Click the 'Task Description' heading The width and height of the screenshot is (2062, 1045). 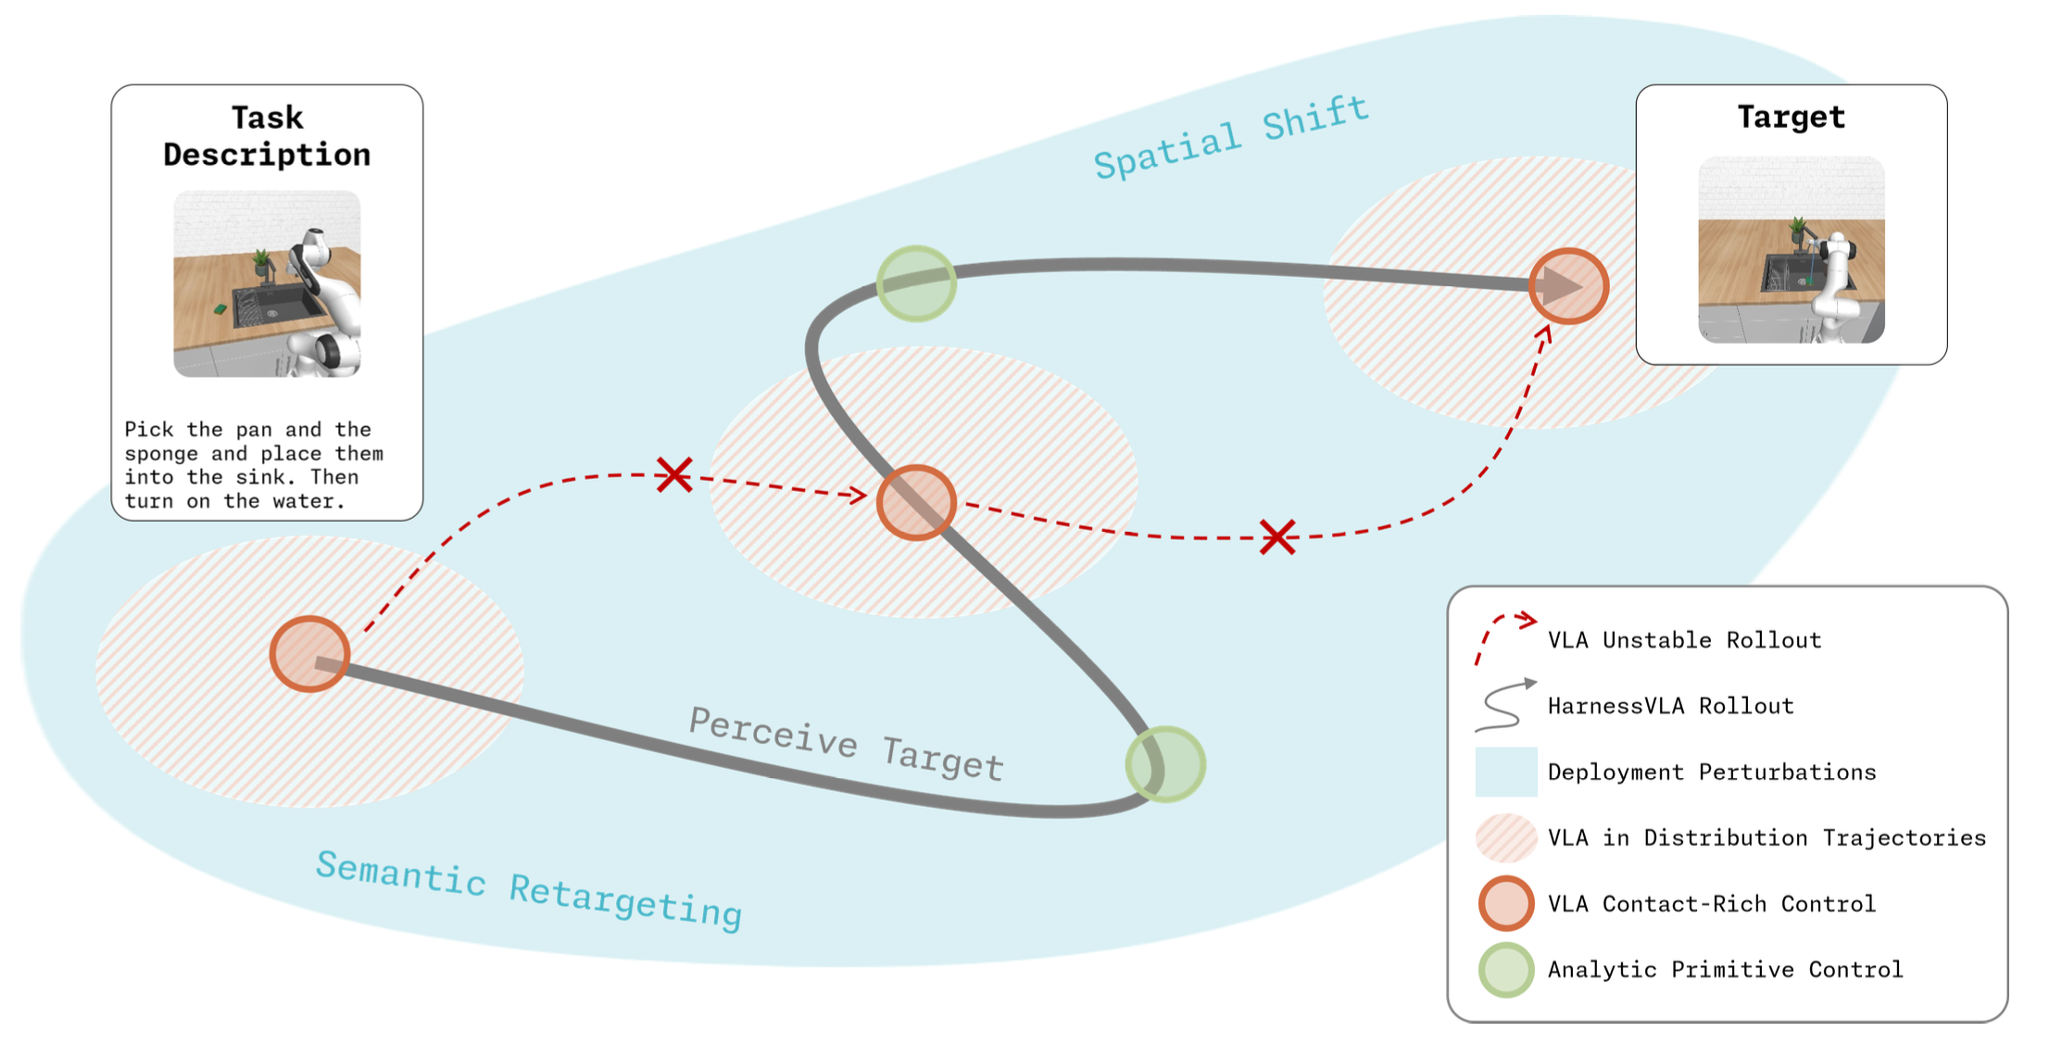tap(267, 136)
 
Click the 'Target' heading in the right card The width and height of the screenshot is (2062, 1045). tap(1791, 117)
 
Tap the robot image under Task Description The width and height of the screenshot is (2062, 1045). tap(267, 283)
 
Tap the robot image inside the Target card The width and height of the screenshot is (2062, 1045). tap(1791, 250)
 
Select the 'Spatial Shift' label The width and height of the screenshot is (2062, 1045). tap(1231, 138)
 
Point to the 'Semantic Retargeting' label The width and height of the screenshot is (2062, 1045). tap(529, 890)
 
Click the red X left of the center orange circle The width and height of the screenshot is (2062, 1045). tap(674, 474)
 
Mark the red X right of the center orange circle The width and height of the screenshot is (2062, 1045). tap(1277, 537)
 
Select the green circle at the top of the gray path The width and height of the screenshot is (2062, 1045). tap(916, 283)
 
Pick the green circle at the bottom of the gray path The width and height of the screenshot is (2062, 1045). tap(1165, 764)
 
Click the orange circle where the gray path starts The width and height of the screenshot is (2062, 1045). tap(310, 654)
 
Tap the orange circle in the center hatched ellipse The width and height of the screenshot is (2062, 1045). tap(916, 502)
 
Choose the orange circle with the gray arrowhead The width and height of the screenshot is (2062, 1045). tap(1568, 286)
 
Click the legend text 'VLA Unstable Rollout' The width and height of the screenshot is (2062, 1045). tap(1684, 640)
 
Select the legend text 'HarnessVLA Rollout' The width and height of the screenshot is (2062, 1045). tap(1670, 706)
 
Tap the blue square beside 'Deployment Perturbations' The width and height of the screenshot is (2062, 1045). tap(1506, 772)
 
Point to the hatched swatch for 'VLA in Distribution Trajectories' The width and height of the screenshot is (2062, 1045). tap(1506, 837)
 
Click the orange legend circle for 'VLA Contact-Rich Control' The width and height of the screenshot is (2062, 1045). tap(1506, 903)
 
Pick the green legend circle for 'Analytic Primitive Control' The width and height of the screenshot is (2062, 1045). tap(1506, 970)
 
